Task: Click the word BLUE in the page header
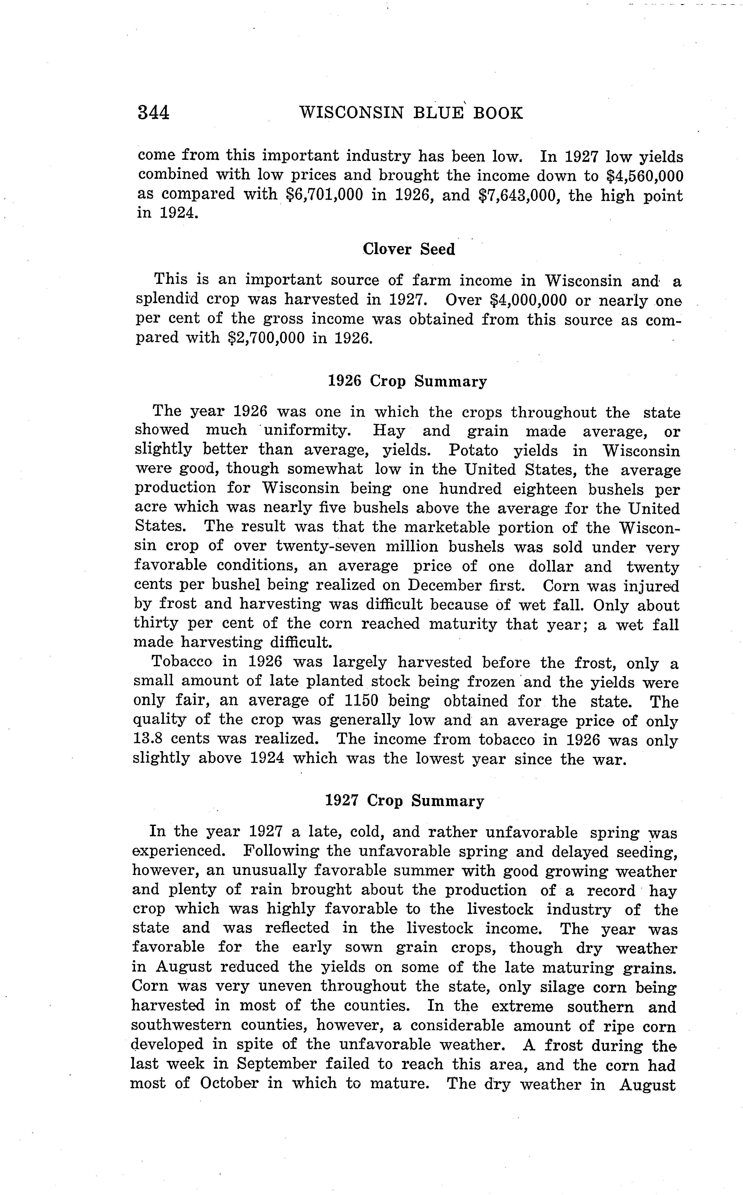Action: pos(439,114)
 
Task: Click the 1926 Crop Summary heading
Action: pos(407,382)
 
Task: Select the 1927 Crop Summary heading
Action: pos(404,801)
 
